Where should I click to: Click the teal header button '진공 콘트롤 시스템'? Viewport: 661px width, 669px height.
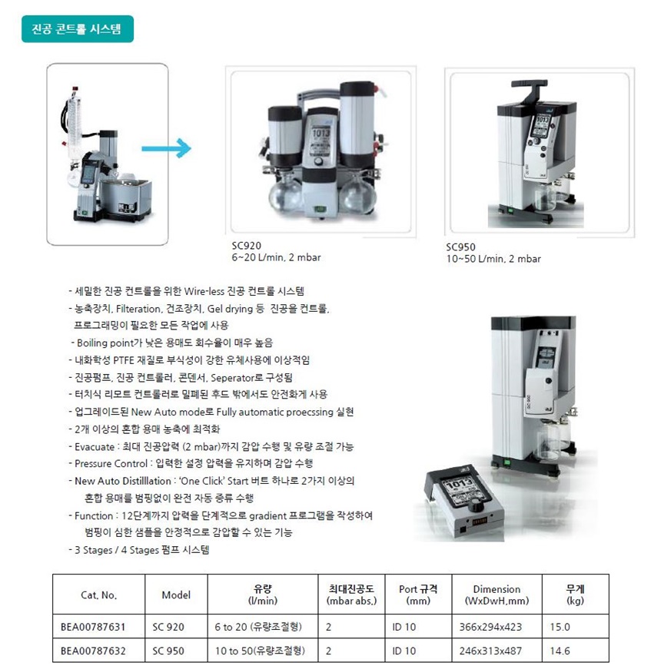78,29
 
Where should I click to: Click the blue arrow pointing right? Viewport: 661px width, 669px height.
166,148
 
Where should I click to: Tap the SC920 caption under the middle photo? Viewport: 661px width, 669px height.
247,246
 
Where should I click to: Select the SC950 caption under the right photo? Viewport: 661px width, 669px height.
460,247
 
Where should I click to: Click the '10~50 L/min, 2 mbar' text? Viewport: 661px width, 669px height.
493,259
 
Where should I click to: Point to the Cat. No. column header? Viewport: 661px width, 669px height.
98,595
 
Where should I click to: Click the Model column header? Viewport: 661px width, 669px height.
176,595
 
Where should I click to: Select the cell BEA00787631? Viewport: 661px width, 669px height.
93,628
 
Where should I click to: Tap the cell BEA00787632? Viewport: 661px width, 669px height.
93,651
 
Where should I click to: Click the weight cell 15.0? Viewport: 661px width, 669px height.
560,628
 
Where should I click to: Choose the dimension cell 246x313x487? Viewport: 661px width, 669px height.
490,651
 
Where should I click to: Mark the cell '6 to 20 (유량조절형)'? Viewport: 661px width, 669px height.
258,627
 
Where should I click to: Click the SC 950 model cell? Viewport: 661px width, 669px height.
168,651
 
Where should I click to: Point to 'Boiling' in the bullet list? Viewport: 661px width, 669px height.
92,343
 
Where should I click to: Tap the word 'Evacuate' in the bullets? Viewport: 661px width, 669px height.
95,447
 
